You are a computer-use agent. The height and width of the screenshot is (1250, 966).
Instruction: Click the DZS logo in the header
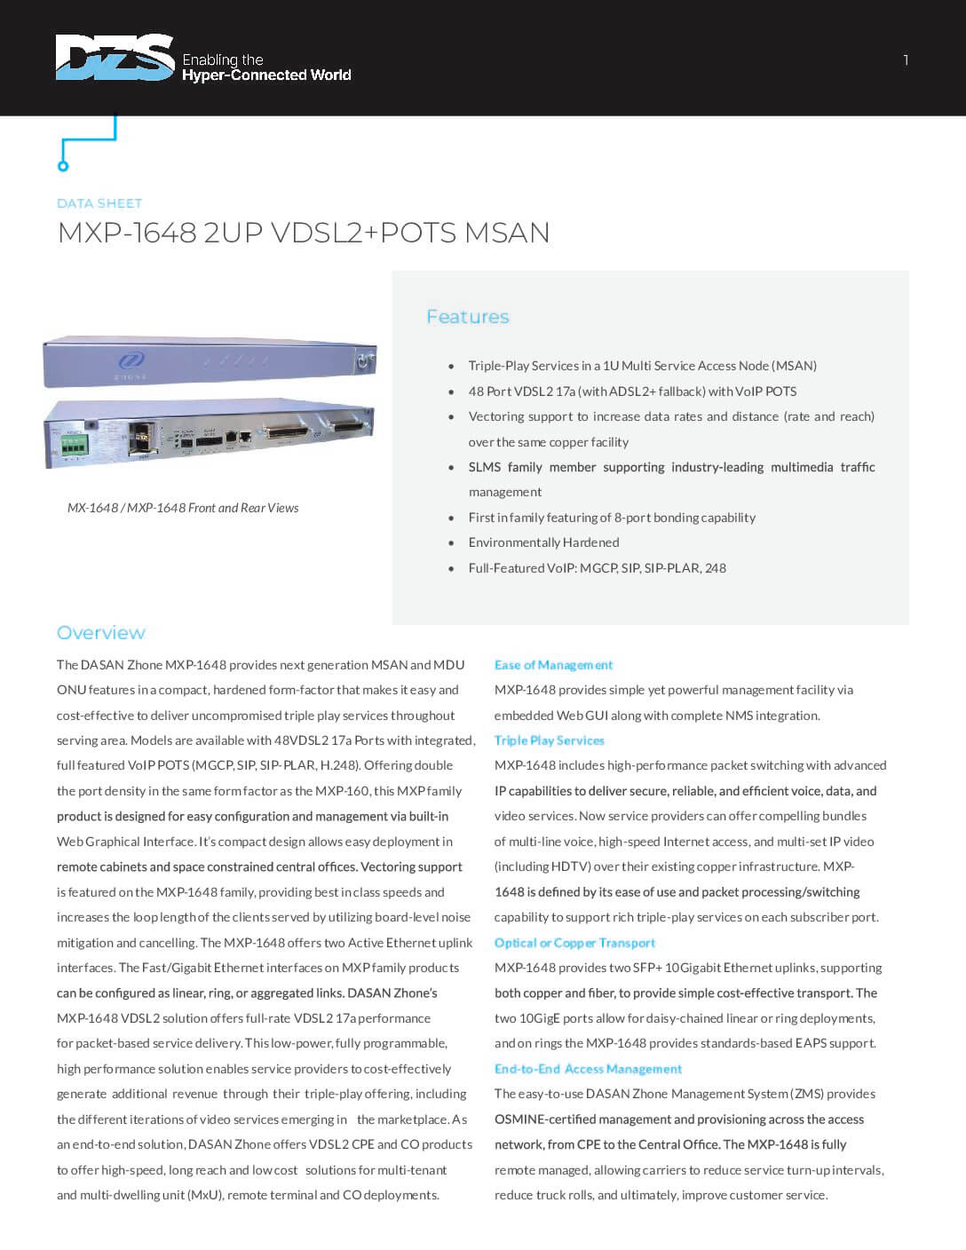pos(114,58)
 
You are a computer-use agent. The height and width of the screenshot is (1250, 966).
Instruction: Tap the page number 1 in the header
pos(906,60)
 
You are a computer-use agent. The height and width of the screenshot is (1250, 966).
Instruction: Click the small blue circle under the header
pos(63,166)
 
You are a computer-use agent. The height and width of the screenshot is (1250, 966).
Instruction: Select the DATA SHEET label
pos(99,203)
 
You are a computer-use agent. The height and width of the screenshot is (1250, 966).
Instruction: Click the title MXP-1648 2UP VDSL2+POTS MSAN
pos(304,233)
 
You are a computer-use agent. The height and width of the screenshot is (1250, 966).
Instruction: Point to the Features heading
pos(468,317)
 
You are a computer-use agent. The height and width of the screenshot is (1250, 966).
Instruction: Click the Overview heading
pos(101,633)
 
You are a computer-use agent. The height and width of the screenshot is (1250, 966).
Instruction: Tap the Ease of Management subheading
pos(553,665)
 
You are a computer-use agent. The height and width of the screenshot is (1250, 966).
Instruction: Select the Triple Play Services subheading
pos(549,740)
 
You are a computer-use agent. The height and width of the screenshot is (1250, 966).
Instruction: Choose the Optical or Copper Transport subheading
pos(574,943)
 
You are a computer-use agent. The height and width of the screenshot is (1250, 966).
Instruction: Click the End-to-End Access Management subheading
pos(588,1069)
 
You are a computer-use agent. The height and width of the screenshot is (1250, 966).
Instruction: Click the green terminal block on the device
pos(74,443)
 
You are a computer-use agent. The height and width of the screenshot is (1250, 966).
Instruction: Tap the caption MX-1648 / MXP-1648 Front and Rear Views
pos(183,508)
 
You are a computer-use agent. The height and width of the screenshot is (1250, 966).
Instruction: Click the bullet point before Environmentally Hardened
pos(451,542)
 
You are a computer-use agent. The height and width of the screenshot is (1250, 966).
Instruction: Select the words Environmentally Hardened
pos(543,542)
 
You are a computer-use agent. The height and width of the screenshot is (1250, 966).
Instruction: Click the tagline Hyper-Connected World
pos(266,75)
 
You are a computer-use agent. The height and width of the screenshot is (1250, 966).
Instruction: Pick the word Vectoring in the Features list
pos(495,416)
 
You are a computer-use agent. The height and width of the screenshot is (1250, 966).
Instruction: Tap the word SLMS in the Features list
pos(485,467)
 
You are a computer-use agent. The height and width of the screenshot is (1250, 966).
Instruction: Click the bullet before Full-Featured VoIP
pos(451,568)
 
